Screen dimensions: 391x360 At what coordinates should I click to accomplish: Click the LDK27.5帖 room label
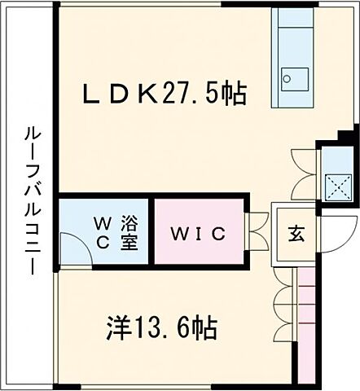pos(164,94)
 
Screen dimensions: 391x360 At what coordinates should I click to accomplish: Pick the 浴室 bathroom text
pos(129,231)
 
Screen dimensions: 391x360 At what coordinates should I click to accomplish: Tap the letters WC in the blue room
pos(105,231)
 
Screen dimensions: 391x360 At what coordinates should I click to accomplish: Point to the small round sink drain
pos(286,80)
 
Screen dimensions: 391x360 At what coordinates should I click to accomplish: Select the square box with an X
pos(334,186)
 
